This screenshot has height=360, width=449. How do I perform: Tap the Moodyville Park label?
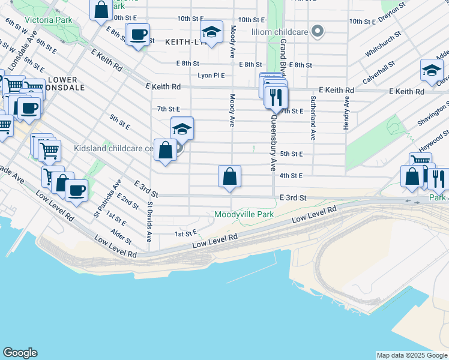click(244, 214)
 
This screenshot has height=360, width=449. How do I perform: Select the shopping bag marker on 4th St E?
click(229, 177)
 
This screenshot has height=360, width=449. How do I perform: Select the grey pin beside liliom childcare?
click(319, 31)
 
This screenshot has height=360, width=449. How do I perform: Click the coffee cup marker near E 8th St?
click(138, 35)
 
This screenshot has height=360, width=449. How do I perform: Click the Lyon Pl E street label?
click(211, 76)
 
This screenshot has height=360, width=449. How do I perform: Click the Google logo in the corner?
click(20, 353)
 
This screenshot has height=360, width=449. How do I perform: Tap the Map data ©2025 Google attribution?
click(411, 355)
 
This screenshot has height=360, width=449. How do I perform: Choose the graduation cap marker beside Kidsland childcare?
click(182, 128)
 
